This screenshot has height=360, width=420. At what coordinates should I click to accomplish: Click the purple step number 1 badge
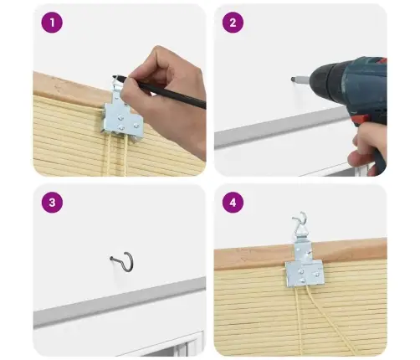52,23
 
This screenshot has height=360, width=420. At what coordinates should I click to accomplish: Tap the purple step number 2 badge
233,23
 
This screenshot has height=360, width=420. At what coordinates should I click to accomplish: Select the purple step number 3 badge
52,203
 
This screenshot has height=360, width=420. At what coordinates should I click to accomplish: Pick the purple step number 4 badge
233,203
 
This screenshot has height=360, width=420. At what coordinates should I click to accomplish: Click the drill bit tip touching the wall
293,80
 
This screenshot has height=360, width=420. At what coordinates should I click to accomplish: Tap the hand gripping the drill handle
366,148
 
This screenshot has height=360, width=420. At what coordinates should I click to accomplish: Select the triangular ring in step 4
301,231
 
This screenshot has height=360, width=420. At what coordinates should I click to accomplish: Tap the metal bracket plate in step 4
305,265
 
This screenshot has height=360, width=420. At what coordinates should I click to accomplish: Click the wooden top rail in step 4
300,254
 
